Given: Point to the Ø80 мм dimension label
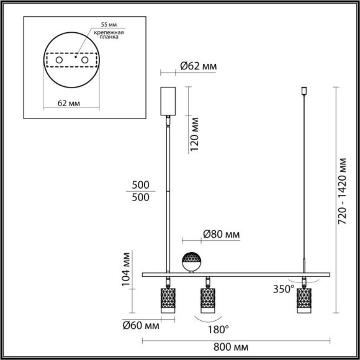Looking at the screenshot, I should pos(221,235).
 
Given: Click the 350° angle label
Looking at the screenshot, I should pos(282,289).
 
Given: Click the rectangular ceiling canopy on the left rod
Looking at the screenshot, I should pos(168,101).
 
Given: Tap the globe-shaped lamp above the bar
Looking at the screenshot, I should pos(191,262).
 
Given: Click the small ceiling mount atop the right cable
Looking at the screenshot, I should pos(304,92).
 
